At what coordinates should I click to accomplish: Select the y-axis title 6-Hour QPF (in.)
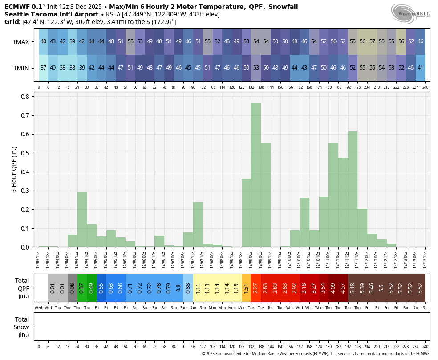(14, 169)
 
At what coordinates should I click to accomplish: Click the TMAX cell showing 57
(372, 41)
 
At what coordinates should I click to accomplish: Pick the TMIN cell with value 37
(43, 68)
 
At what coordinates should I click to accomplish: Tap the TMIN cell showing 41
(420, 68)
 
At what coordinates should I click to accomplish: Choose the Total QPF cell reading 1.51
(246, 288)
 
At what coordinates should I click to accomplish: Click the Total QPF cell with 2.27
(256, 288)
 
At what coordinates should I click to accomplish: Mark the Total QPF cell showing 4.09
(333, 288)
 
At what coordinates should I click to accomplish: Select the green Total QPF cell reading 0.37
(81, 288)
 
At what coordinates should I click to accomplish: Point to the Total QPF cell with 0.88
(188, 288)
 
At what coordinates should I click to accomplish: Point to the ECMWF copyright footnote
(316, 354)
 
